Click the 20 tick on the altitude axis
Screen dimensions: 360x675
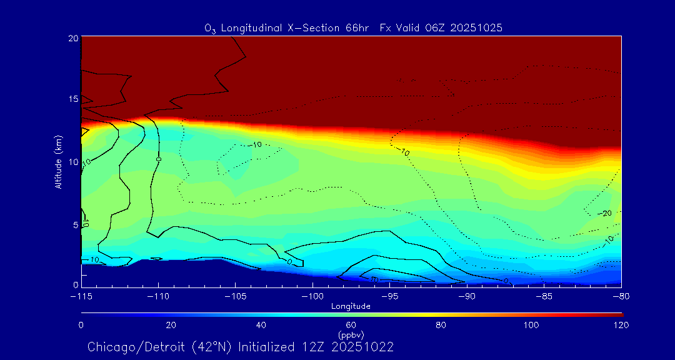pos(73,38)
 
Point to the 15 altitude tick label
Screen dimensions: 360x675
pos(73,99)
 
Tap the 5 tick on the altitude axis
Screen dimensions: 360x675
pos(75,224)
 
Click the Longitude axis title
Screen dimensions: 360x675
pos(351,306)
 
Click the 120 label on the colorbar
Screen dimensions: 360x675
pos(621,325)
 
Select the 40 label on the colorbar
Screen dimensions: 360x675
pos(261,325)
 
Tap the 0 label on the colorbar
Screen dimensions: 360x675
pos(81,325)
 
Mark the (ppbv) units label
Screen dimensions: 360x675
pos(351,335)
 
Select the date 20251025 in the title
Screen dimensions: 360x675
pos(481,27)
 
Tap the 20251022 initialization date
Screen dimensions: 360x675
pos(365,347)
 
